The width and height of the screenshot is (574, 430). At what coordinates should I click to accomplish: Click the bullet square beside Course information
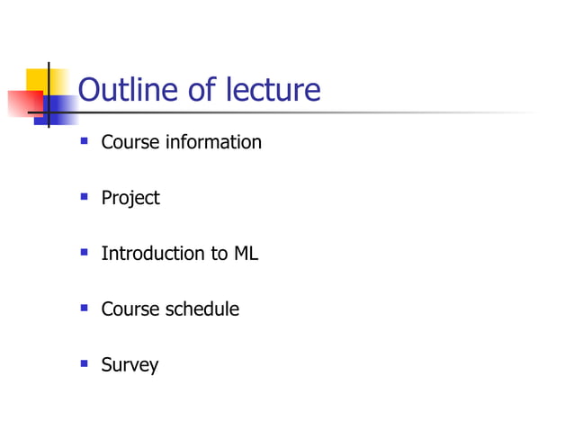tap(84, 140)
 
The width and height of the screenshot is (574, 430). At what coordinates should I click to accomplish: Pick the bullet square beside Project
tap(84, 196)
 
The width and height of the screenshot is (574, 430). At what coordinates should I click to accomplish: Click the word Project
tap(130, 199)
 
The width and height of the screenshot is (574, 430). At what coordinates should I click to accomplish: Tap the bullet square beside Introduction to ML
tap(84, 252)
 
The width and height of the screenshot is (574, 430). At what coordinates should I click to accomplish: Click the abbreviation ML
tap(246, 254)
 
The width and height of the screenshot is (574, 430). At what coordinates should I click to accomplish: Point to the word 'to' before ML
tap(220, 254)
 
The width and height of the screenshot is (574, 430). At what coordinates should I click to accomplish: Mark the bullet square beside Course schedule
tap(84, 308)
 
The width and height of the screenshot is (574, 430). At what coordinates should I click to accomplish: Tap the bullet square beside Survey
tap(84, 363)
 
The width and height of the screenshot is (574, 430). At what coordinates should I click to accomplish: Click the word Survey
tap(130, 366)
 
